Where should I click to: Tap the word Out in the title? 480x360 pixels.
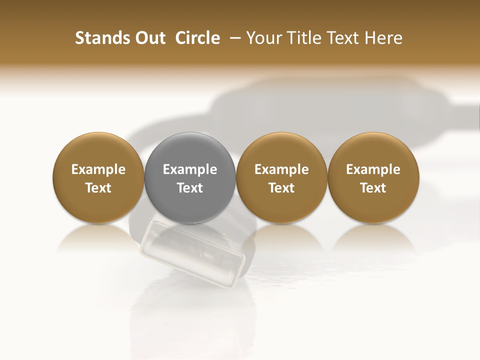pos(149,38)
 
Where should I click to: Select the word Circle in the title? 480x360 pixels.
pos(197,38)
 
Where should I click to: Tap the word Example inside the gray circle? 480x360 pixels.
pos(190,169)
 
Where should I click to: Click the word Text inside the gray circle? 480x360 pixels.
pos(190,188)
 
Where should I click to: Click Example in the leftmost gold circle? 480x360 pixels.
pos(98,169)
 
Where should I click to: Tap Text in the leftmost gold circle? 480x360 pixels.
pos(98,188)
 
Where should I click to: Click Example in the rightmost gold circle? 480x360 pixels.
pos(373,169)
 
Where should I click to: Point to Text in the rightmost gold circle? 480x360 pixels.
pos(373,188)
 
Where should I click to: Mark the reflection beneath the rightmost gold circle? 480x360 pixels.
pos(373,237)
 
